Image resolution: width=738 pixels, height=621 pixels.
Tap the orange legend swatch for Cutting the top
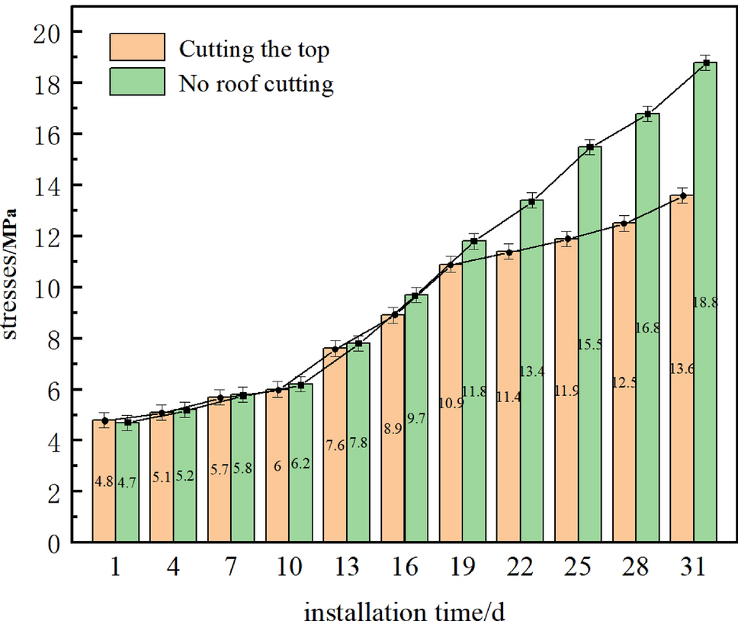137,47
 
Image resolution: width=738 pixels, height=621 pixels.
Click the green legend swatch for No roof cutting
137,82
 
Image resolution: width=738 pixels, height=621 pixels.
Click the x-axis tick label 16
404,567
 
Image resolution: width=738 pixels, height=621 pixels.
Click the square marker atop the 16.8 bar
647,114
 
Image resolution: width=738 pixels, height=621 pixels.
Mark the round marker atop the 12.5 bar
624,224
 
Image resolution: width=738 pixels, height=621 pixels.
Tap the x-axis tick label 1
116,567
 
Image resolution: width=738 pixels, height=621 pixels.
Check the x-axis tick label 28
636,567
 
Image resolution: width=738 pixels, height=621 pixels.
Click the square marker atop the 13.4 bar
532,202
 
